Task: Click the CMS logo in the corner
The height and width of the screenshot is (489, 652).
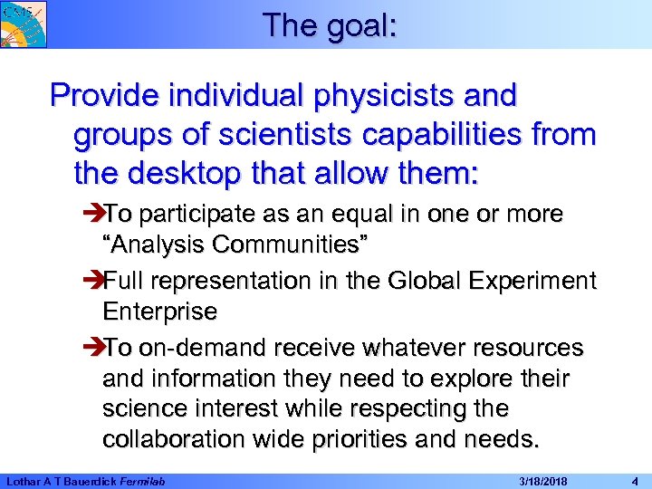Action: (x=23, y=24)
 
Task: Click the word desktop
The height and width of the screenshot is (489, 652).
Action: (x=188, y=173)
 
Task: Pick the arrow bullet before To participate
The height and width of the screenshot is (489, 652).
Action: (x=93, y=215)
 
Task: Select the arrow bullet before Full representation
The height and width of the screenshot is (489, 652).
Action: (x=93, y=282)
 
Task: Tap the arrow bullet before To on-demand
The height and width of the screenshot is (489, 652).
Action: (x=93, y=349)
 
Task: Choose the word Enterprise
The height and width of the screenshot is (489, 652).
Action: (x=160, y=312)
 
